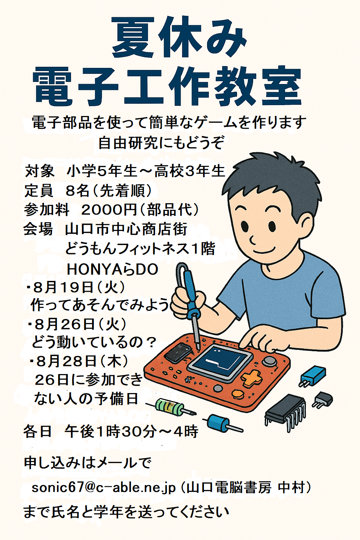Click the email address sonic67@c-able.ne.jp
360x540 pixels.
[103, 488]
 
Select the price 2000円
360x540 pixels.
[109, 210]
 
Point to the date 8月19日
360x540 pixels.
[63, 288]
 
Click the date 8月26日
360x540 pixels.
[64, 325]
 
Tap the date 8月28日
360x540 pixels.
[66, 362]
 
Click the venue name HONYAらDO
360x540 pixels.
[112, 269]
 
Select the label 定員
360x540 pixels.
[39, 191]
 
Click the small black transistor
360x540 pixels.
[323, 400]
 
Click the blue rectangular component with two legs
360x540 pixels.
[313, 377]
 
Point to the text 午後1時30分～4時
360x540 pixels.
[131, 431]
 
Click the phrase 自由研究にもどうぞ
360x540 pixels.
[161, 143]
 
